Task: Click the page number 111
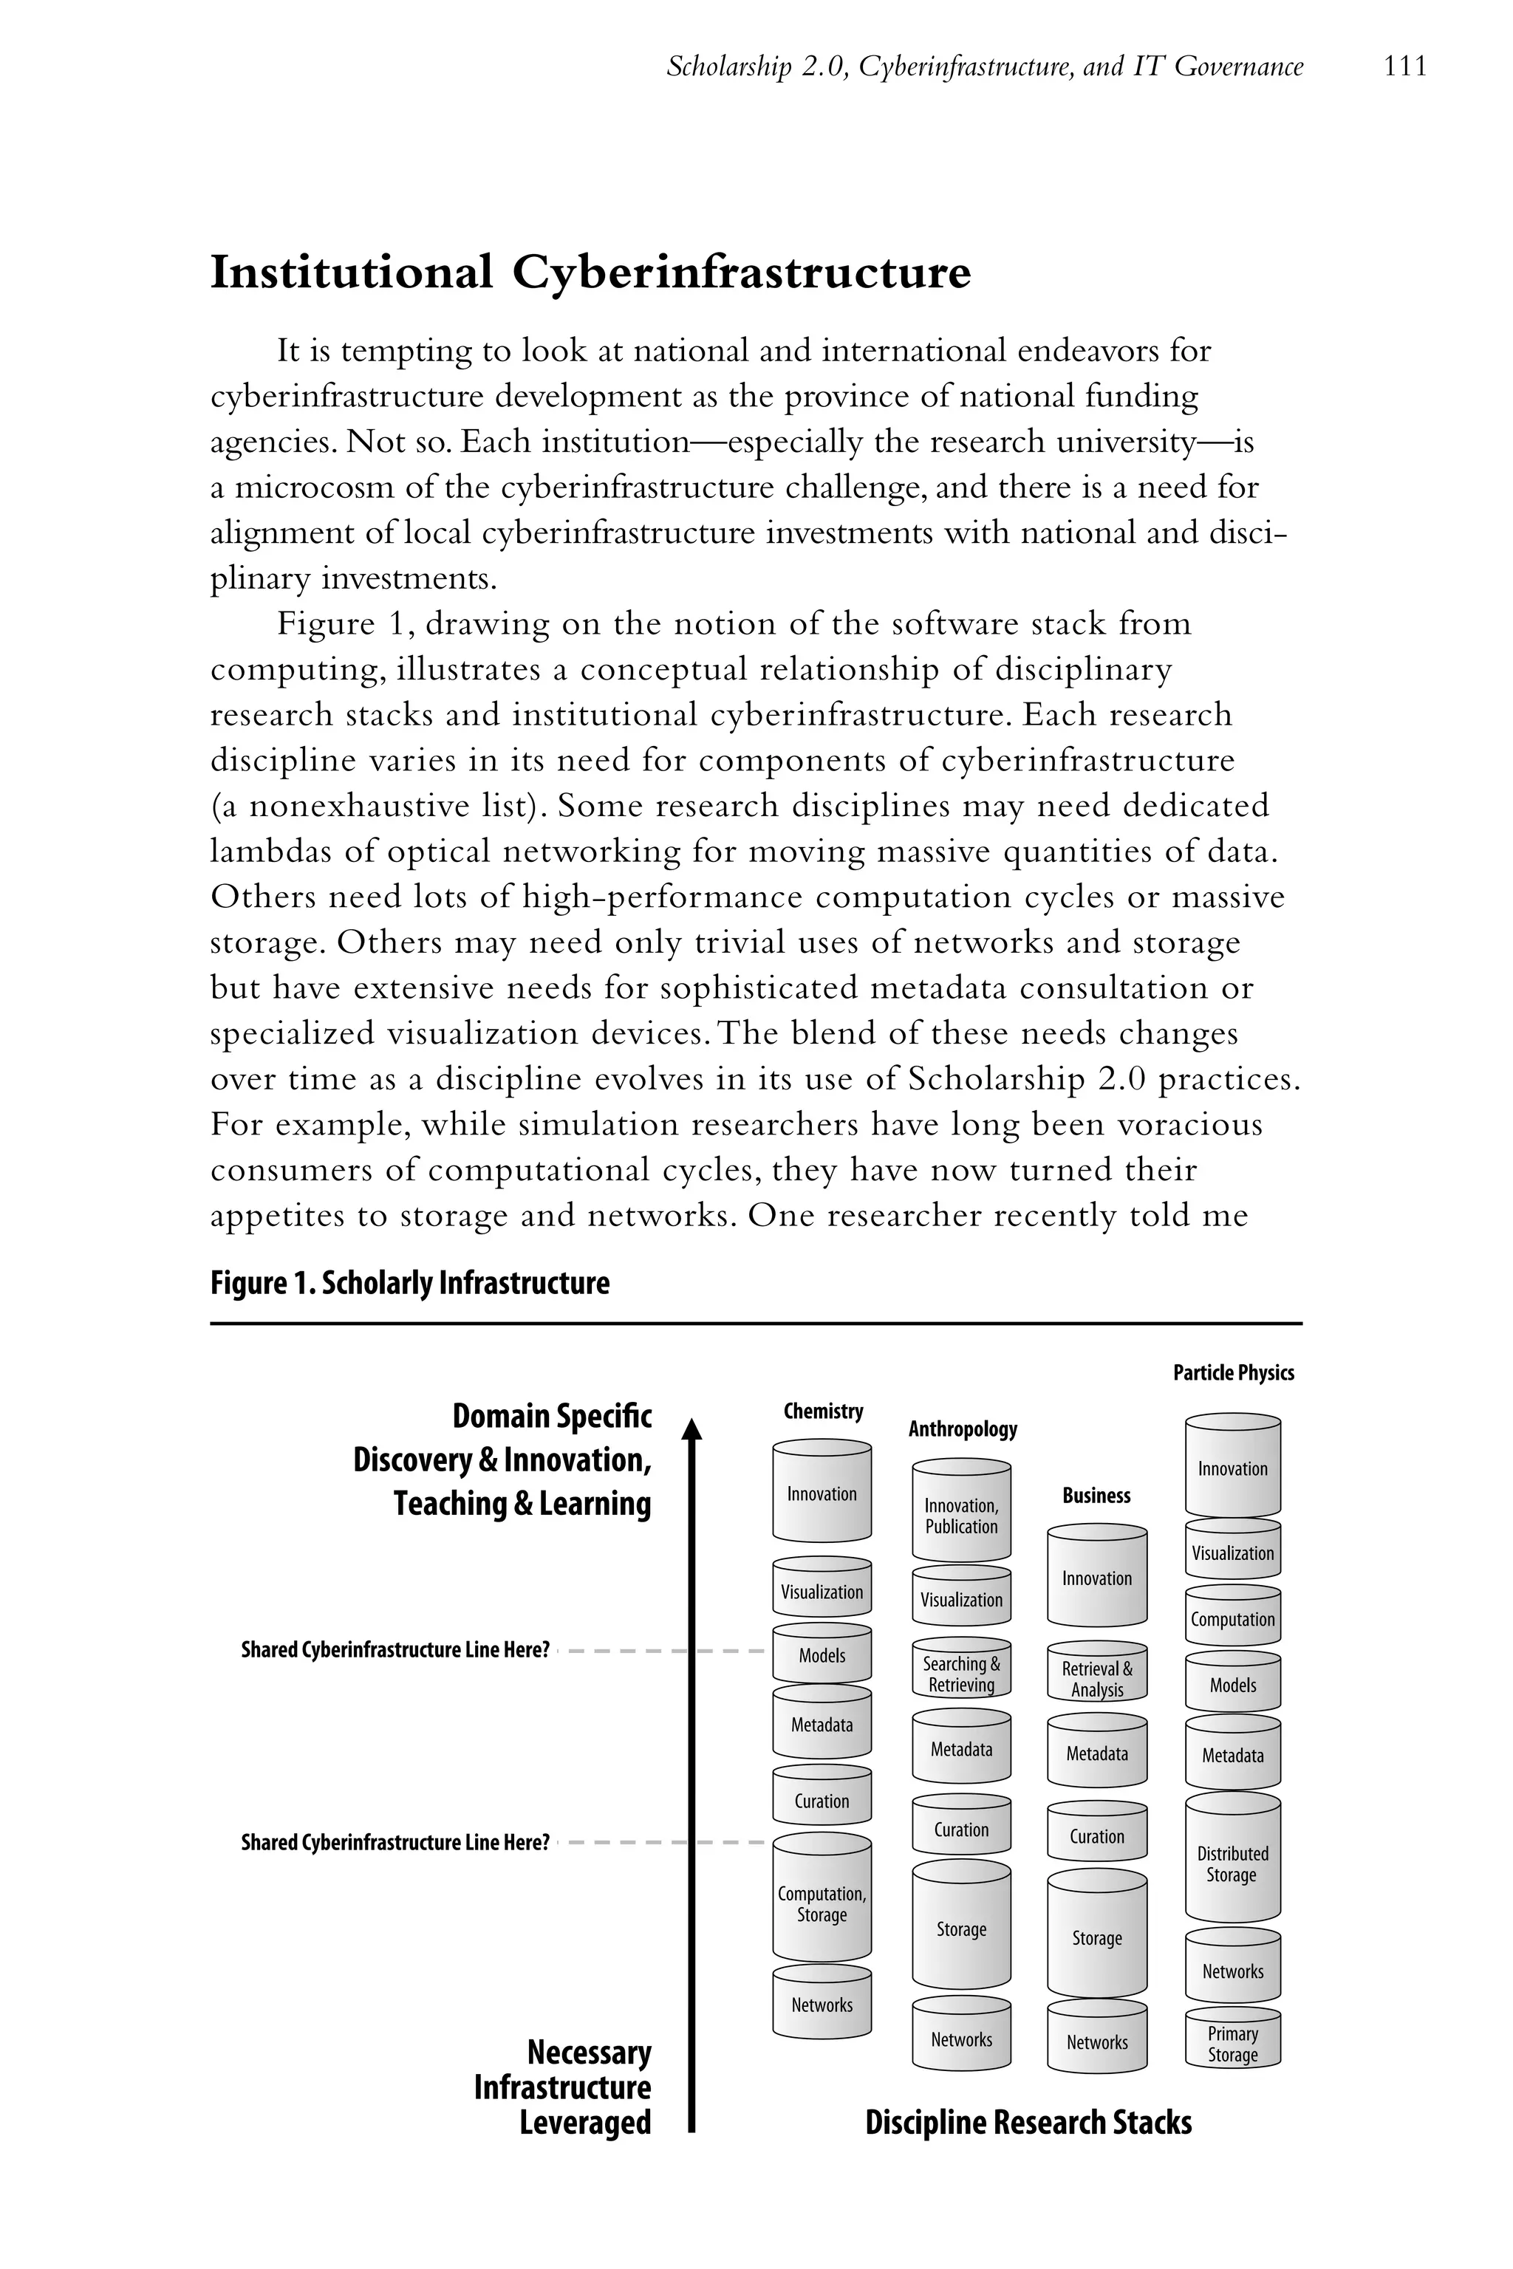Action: pyautogui.click(x=1404, y=66)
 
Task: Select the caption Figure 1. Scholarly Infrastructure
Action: pyautogui.click(x=410, y=1283)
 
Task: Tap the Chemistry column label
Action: pyautogui.click(x=823, y=1411)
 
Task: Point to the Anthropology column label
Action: pyautogui.click(x=962, y=1428)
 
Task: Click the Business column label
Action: pyautogui.click(x=1096, y=1495)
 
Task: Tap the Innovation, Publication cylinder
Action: pyautogui.click(x=961, y=1516)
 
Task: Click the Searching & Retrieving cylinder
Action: pyautogui.click(x=961, y=1674)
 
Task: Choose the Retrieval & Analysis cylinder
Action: pyautogui.click(x=1097, y=1679)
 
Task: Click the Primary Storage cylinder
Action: pyautogui.click(x=1232, y=2044)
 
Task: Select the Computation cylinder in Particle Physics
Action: pyautogui.click(x=1232, y=1620)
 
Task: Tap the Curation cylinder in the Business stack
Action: pyautogui.click(x=1097, y=1837)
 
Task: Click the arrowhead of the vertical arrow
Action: pyautogui.click(x=691, y=1428)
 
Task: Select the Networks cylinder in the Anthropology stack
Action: pyautogui.click(x=961, y=2039)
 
